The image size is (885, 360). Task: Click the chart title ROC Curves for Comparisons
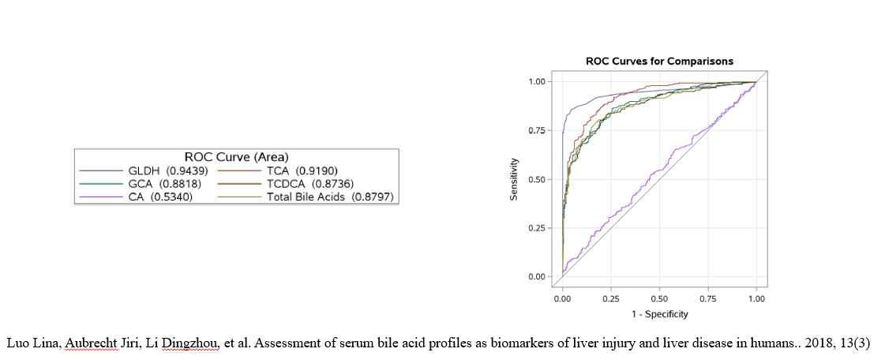659,61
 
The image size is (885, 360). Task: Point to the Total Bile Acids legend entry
330,197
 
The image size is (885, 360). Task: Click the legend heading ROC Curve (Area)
236,156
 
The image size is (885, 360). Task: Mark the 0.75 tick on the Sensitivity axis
537,130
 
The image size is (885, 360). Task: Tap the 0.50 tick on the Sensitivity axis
537,179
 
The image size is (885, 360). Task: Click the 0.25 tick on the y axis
537,228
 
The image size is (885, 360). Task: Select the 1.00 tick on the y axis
537,81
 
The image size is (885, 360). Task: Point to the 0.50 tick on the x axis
659,298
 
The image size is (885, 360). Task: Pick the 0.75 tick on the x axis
708,298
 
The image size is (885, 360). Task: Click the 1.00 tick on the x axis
756,298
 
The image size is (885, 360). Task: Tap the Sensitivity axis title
514,179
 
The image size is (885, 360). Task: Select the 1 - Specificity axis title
659,314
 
